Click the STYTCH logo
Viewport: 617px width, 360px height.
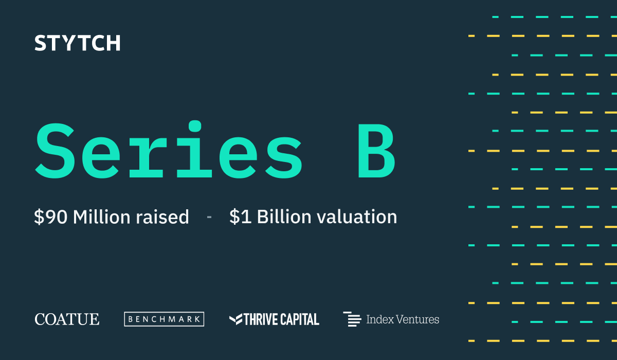tap(78, 43)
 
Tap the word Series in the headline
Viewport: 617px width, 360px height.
tap(169, 150)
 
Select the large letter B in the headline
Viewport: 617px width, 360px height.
tap(376, 151)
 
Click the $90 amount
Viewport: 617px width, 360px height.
tap(51, 217)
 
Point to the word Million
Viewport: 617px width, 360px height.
tap(102, 217)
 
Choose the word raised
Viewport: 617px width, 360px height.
tap(162, 217)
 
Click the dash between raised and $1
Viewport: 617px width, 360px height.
tap(209, 217)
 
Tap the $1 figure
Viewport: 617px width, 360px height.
tap(240, 217)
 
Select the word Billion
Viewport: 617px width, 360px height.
tap(284, 217)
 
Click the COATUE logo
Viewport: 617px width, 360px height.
tap(67, 319)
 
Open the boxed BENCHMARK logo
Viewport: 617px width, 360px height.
tap(164, 319)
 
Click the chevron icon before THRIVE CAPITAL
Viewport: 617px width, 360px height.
tap(236, 319)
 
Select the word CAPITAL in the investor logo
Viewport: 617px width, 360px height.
tap(300, 319)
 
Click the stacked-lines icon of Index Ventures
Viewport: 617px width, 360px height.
tap(352, 319)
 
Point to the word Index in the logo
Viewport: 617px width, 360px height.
tap(380, 319)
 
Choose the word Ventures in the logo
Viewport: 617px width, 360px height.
tap(418, 319)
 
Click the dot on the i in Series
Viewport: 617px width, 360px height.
tap(195, 126)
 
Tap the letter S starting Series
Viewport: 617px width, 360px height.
tap(55, 151)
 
